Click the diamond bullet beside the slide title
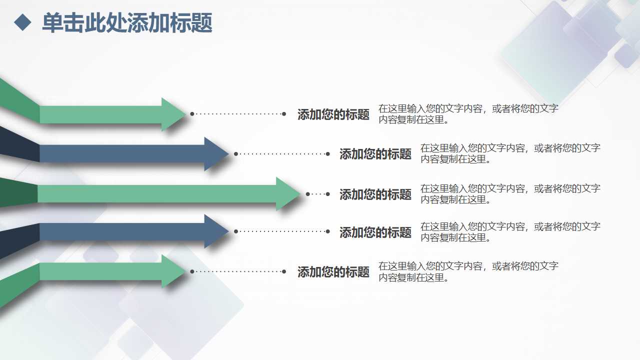click(22, 23)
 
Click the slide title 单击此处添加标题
click(127, 23)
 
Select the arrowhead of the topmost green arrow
click(172, 114)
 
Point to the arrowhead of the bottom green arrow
click(172, 271)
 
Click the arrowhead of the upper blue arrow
click(216, 153)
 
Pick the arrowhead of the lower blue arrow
click(216, 231)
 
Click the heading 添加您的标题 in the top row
click(333, 114)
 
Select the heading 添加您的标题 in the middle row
click(375, 194)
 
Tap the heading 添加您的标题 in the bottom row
click(333, 272)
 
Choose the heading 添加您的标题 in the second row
click(375, 154)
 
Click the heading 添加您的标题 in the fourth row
click(375, 232)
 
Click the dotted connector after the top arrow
click(238, 114)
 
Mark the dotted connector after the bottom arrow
click(238, 271)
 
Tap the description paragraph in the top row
click(468, 114)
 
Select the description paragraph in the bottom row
click(468, 271)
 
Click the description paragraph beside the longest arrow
click(510, 193)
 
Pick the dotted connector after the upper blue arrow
click(282, 153)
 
